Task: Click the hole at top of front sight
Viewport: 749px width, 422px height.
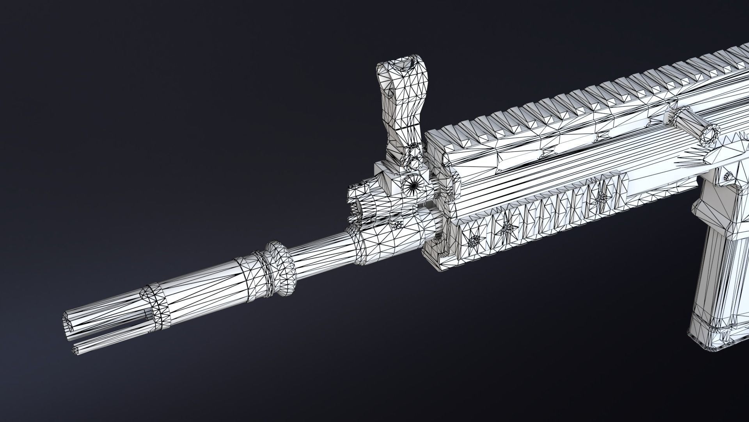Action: [x=403, y=67]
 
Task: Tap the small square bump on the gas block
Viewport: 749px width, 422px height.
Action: [x=397, y=224]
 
